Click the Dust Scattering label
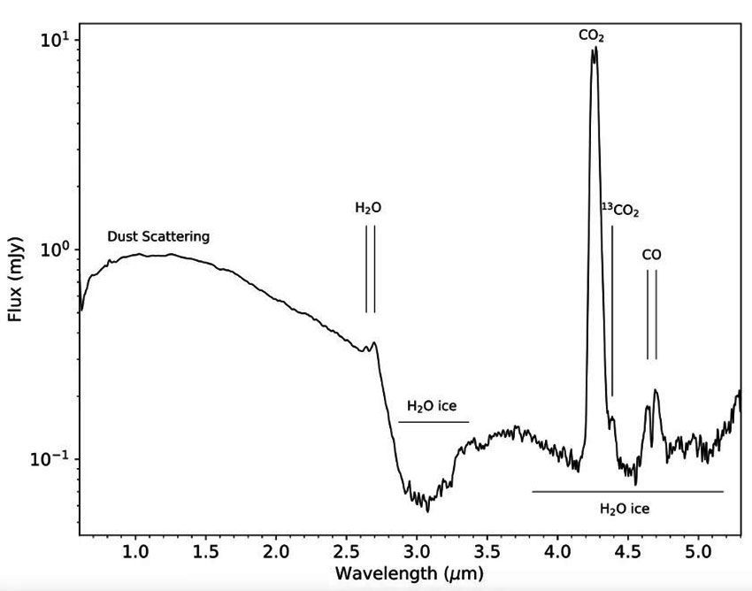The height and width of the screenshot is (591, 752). pos(158,236)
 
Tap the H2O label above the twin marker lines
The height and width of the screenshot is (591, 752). pos(369,208)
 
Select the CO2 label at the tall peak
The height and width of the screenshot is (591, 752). pos(592,35)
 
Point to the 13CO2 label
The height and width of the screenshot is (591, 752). pos(620,211)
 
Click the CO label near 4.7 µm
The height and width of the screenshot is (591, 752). pos(651,255)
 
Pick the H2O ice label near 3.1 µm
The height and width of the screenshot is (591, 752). pos(432,406)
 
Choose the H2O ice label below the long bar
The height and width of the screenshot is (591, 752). pos(625,509)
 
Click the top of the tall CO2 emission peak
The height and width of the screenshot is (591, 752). pos(595,49)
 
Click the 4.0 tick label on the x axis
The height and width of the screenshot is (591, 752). pos(557,552)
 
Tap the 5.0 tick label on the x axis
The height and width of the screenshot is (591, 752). pos(698,552)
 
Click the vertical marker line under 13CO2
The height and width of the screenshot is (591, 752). pos(612,310)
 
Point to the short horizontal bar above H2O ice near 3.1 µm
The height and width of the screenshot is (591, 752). pos(434,422)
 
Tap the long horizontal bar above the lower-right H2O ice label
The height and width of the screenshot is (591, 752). pos(627,491)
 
